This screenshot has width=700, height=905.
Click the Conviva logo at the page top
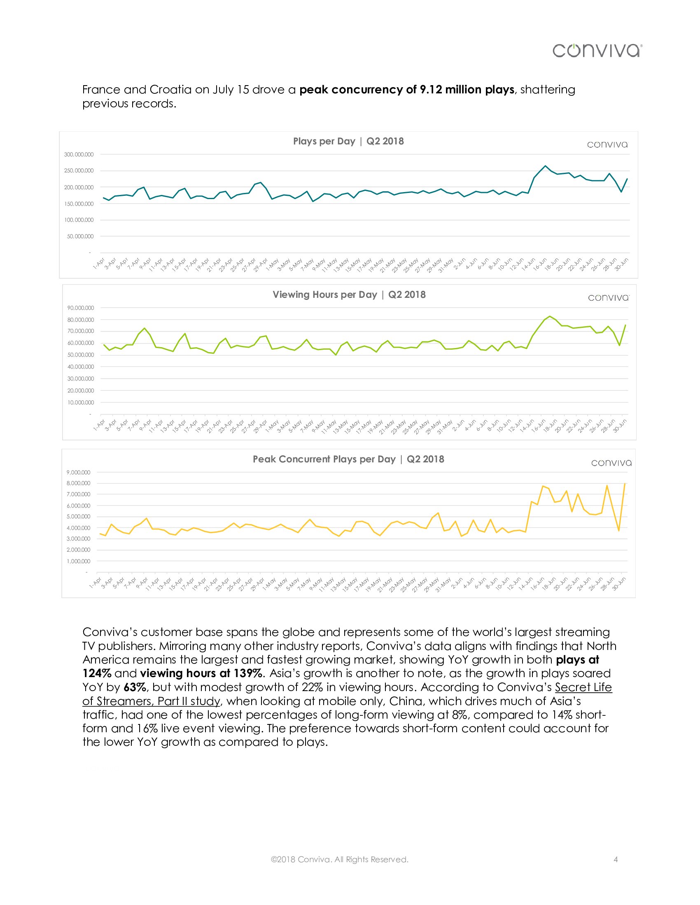coord(597,51)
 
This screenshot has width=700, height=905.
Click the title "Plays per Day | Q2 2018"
coord(348,141)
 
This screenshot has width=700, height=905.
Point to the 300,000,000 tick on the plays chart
coord(79,155)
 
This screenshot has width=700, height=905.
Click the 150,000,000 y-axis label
coord(79,204)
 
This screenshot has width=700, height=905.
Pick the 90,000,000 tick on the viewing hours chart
coord(80,308)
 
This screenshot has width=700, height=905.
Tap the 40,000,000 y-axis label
coord(80,367)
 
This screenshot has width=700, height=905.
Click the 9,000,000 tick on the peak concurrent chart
coord(78,472)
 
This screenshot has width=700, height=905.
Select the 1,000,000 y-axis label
coord(78,561)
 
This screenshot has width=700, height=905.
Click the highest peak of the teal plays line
coord(545,166)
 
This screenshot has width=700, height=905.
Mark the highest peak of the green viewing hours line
coord(550,316)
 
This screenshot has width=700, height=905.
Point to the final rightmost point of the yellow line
coord(625,484)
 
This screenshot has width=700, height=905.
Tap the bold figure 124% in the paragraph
coord(97,673)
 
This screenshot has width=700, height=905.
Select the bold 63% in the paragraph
coord(135,687)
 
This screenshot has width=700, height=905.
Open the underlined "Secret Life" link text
coord(583,687)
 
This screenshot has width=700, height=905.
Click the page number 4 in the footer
coord(616,859)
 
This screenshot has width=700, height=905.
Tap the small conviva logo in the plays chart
coord(607,145)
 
